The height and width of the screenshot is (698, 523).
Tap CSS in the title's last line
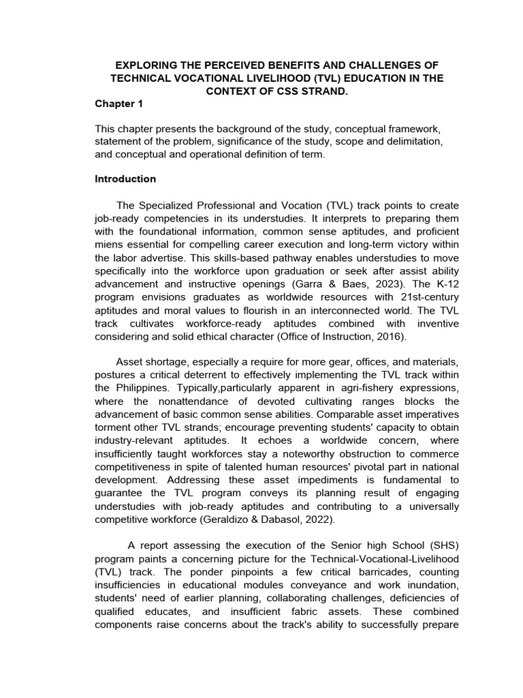pyautogui.click(x=279, y=91)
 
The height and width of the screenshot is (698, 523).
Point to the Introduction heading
pyautogui.click(x=125, y=179)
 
